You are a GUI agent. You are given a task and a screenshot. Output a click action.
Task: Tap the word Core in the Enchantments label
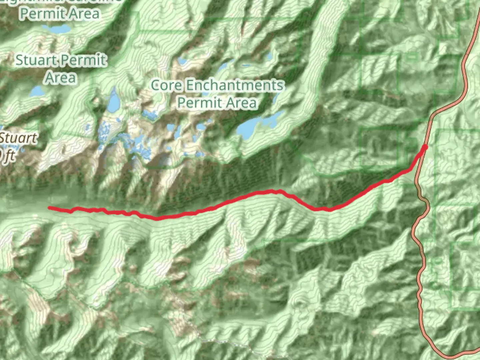[x=167, y=86]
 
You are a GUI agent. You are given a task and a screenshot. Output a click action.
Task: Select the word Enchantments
[x=234, y=86]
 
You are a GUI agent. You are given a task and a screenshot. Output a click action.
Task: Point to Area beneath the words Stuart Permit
[x=61, y=77]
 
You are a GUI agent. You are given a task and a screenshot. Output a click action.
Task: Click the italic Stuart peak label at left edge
[x=18, y=138]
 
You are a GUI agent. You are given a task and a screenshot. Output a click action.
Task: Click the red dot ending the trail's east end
[x=425, y=147]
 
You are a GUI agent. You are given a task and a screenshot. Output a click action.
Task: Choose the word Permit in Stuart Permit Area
[x=84, y=61]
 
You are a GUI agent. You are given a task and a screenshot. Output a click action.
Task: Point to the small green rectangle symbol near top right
[x=412, y=57]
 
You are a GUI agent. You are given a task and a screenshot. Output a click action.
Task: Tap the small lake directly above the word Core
[x=182, y=61]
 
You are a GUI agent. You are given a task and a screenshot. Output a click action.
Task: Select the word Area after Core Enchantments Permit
[x=241, y=102]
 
